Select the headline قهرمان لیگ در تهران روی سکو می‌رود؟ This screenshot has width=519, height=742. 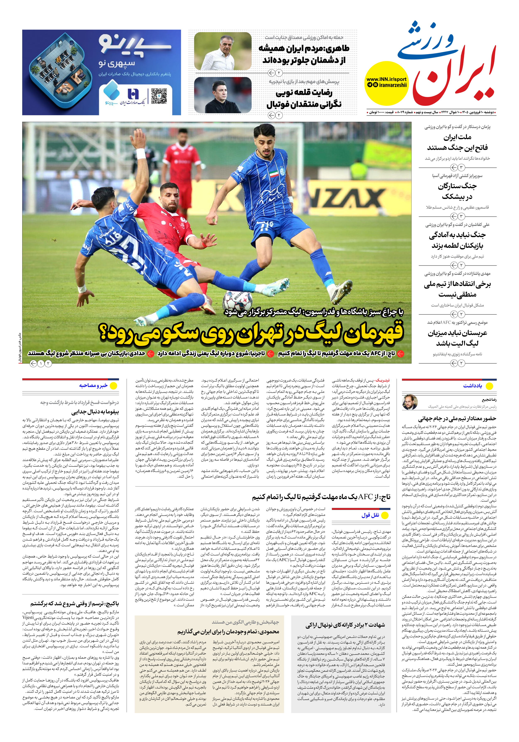(251, 335)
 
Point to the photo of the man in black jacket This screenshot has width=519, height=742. (223, 95)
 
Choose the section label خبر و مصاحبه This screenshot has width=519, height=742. (93, 385)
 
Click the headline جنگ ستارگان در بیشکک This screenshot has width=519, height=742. (457, 191)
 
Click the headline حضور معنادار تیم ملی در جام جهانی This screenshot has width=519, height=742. (457, 419)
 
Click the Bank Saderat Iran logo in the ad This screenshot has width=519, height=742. (132, 96)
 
